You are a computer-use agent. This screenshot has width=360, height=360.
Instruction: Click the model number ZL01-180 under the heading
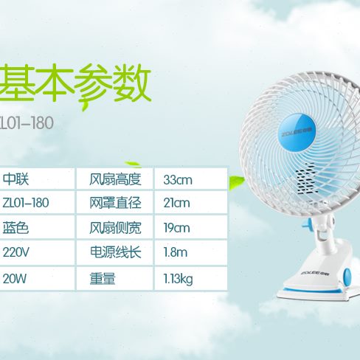point(27,123)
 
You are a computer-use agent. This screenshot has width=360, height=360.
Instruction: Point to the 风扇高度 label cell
point(115,179)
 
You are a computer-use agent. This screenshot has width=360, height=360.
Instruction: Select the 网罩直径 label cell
point(115,203)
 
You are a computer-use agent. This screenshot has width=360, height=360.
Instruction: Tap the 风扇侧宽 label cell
point(115,228)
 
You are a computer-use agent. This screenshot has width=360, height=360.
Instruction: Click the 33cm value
point(178,180)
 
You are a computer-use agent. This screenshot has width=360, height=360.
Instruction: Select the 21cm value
point(177,203)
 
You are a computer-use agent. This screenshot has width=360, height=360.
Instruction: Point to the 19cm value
point(177,228)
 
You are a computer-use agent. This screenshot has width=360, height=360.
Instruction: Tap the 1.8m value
point(176,252)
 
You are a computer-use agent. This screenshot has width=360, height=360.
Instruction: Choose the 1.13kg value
point(178,280)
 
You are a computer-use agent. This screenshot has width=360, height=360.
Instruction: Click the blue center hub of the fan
point(297,131)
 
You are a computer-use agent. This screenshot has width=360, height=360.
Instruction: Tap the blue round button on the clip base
point(347,277)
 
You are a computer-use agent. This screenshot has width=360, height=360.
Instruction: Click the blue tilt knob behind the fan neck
point(306,225)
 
